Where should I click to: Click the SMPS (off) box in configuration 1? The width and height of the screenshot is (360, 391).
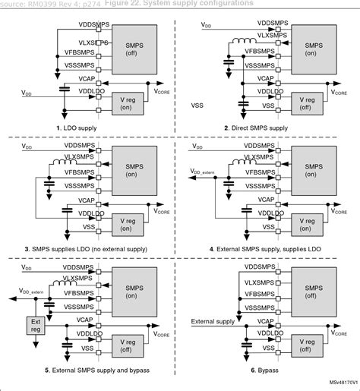point(132,45)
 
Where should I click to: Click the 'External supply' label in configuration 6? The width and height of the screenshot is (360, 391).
point(213,321)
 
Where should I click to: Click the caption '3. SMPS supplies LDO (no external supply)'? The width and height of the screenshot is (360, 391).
point(89,248)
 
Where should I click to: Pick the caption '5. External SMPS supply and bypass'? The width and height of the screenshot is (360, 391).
point(89,370)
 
